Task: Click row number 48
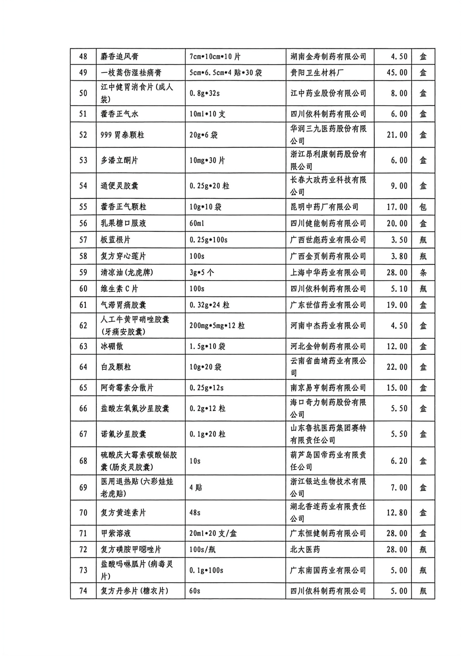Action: coord(83,56)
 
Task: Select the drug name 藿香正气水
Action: coord(119,114)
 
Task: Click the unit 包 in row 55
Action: coord(423,207)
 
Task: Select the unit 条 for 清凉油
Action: coord(423,273)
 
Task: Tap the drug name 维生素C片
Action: coord(119,289)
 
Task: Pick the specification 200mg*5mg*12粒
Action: coord(217,326)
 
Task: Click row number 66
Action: coord(83,409)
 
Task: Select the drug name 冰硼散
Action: coord(112,346)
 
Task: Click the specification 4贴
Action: coord(196,488)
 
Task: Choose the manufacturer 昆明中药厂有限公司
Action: coord(324,207)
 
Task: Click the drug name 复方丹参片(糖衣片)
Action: coord(135,591)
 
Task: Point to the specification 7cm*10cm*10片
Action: coord(215,56)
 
